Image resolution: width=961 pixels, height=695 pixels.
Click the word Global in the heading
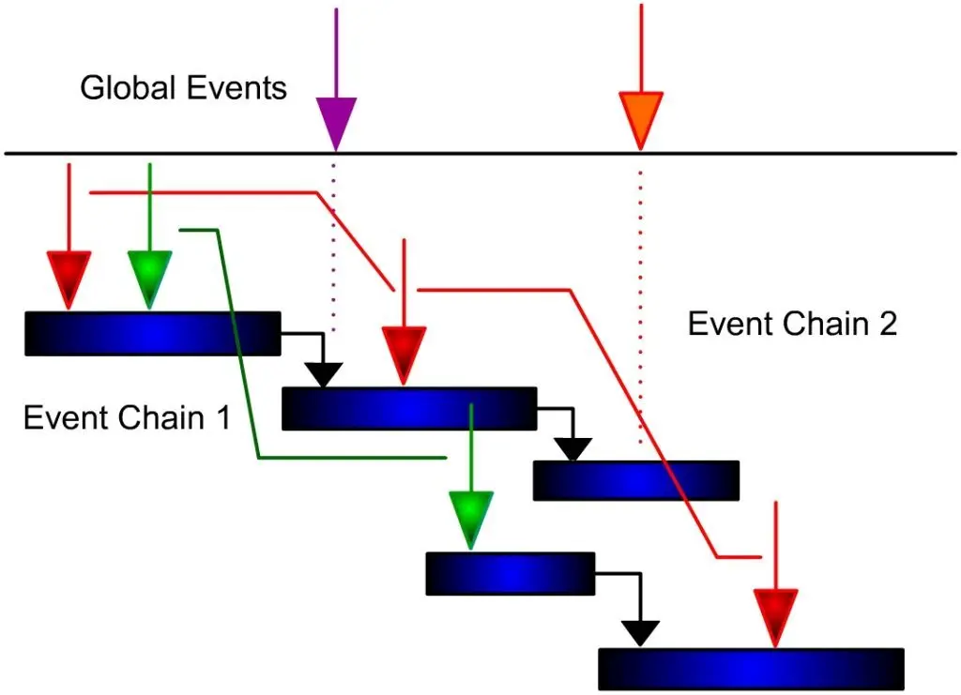(124, 88)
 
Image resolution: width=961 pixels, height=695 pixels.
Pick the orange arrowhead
(641, 116)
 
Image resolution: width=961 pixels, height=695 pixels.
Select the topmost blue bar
(152, 334)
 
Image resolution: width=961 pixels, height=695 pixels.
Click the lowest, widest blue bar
(751, 669)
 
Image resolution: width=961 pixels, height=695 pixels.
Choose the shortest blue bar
(510, 573)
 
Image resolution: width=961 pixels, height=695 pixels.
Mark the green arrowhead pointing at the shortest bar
(470, 517)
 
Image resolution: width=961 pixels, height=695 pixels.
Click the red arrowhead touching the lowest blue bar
(775, 614)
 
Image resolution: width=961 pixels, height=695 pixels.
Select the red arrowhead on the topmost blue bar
(69, 277)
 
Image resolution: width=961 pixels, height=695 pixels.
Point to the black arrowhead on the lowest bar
(641, 631)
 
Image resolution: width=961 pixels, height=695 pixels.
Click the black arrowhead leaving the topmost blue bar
(324, 373)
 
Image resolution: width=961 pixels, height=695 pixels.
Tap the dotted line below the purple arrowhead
(333, 244)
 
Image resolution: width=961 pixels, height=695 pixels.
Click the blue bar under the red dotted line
(635, 480)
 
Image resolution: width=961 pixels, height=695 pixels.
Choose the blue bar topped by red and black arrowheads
(408, 409)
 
